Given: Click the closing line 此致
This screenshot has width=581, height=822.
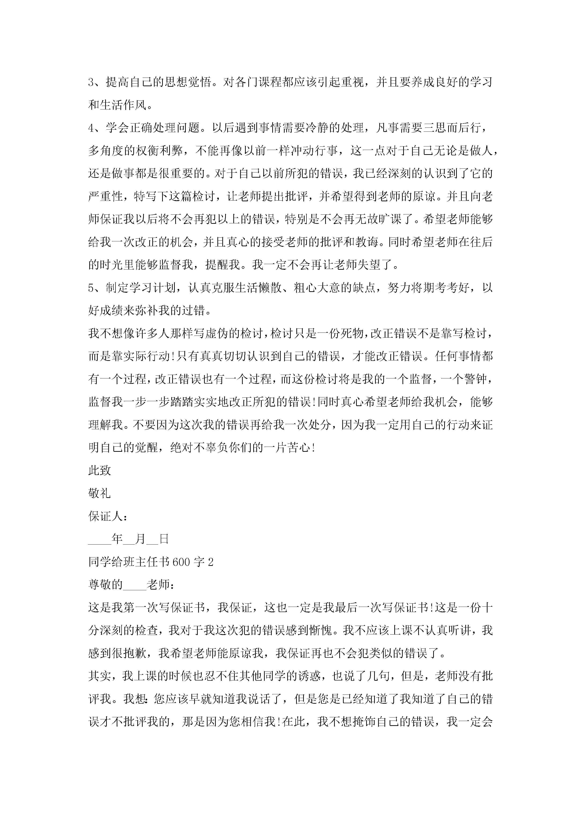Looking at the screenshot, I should point(100,471).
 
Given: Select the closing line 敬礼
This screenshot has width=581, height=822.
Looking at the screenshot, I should point(100,493).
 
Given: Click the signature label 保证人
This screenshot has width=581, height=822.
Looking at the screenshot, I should point(106,516).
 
